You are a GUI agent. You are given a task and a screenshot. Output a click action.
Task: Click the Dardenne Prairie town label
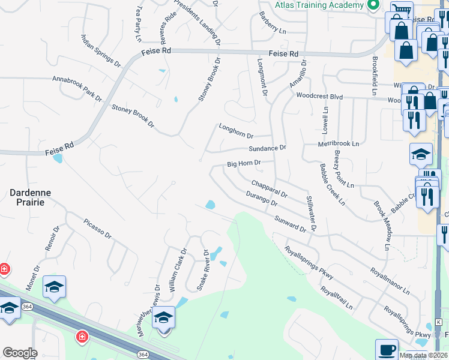[30, 198]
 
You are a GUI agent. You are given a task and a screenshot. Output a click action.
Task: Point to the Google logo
[20, 353]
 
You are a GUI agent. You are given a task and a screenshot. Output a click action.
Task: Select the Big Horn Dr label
[244, 163]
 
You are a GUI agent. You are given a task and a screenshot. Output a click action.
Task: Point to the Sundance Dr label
[268, 148]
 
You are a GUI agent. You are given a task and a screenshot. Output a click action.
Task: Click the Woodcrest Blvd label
[319, 96]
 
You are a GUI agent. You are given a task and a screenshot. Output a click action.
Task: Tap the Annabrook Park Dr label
[77, 87]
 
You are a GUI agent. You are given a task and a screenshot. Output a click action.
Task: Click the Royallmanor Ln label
[390, 281]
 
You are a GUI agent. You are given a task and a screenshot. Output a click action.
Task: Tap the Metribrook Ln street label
[339, 144]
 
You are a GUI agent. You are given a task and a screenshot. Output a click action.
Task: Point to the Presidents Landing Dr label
[197, 22]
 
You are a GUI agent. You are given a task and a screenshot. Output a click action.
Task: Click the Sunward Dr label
[291, 224]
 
